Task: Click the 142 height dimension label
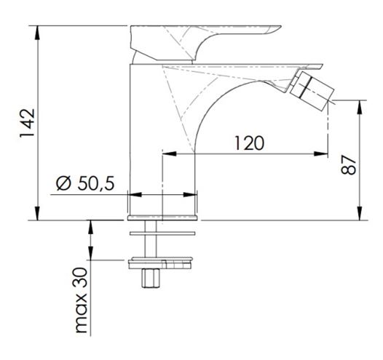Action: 27,123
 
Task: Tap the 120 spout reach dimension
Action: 249,143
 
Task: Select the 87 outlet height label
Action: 348,164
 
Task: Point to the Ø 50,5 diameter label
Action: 85,183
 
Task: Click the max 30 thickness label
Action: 82,300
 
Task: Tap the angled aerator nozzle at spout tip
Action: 312,90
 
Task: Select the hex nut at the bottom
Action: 151,279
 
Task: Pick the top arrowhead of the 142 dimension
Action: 37,33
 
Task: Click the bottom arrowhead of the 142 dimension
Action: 37,213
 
